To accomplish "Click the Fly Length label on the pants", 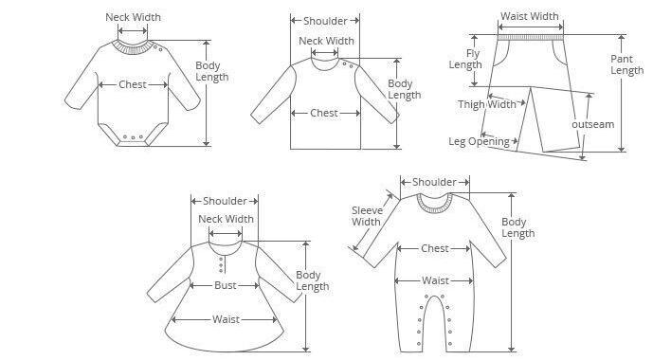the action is tap(465, 59).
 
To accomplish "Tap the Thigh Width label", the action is tap(487, 104).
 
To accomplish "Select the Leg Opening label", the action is tap(479, 141).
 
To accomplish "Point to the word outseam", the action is tap(593, 124).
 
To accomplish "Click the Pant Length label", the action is tap(626, 64).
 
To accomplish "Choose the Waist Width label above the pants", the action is tap(529, 16).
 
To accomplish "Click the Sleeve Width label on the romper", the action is tap(367, 216).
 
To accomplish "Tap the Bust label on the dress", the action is tap(225, 285).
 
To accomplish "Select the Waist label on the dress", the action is tap(226, 319).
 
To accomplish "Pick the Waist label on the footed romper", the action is tap(435, 280).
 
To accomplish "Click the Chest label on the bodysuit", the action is tap(133, 84).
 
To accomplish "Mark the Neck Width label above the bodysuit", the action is tap(133, 17).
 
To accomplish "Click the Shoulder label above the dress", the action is tap(225, 201).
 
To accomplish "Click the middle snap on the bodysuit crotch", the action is tap(133, 137).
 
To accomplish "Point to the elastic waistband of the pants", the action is tap(531, 38).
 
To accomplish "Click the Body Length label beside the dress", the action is tap(313, 280).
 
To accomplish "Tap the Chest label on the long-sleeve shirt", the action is tap(324, 113).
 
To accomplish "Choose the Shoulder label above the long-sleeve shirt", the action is tap(325, 21).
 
